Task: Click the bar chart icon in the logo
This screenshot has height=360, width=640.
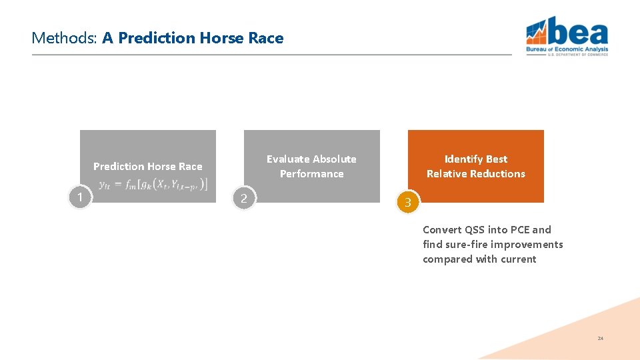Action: click(537, 30)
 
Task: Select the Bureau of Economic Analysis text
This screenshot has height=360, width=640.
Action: click(567, 49)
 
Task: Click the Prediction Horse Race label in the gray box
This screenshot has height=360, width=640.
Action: click(147, 167)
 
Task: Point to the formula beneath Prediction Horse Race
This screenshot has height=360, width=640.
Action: click(153, 184)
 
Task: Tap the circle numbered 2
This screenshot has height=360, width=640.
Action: click(244, 198)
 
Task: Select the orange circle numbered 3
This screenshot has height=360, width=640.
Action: click(408, 203)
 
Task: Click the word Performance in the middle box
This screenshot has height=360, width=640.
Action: click(311, 174)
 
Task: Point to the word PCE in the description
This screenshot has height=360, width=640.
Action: click(521, 230)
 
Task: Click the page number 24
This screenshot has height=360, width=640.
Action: click(600, 339)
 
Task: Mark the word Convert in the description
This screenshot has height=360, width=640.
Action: click(442, 230)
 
